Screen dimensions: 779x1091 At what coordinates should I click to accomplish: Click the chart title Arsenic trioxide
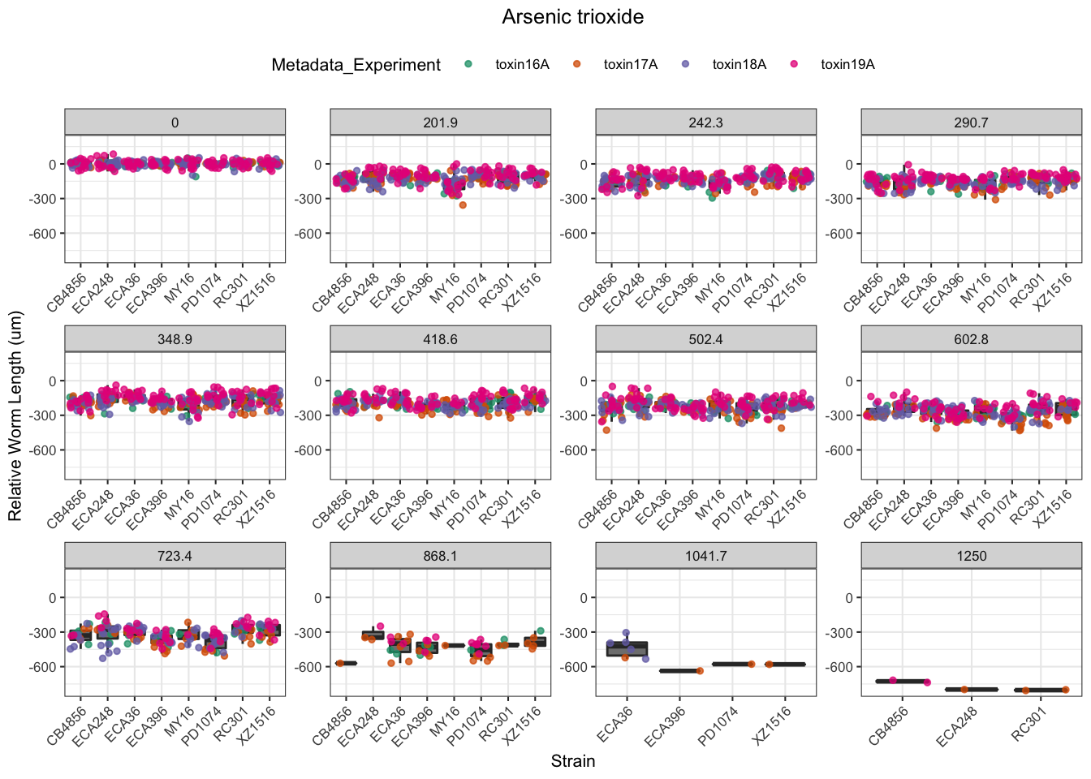572,17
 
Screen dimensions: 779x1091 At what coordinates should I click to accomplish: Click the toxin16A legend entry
522,65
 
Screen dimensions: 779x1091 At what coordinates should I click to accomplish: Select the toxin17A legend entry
630,65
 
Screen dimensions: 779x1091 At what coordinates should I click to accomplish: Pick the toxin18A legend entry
739,65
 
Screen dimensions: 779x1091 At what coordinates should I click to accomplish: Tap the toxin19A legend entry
847,65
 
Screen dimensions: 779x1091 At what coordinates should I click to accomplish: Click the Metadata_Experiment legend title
356,65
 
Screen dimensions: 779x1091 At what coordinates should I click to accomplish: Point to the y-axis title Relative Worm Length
15,416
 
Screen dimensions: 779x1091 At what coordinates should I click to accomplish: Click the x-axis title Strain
572,761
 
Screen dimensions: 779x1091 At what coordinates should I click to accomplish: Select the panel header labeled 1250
971,556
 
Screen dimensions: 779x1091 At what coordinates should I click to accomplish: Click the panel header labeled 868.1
440,556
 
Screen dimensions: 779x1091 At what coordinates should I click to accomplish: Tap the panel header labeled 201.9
440,123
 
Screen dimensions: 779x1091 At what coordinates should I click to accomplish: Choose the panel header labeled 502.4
705,339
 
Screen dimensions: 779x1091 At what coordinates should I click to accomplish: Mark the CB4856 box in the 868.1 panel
346,663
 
